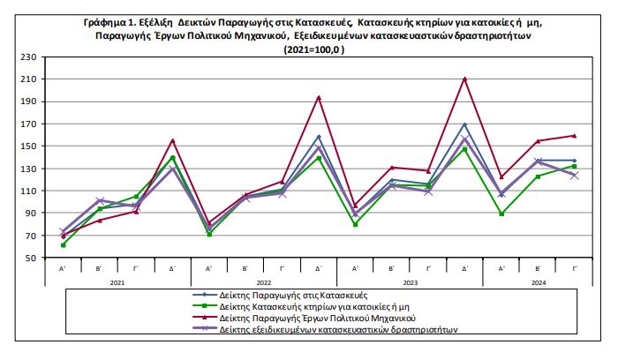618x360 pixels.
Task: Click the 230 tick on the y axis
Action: tap(26, 56)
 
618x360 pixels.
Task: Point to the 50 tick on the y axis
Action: tap(29, 258)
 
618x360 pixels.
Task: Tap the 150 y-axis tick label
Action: tap(26, 146)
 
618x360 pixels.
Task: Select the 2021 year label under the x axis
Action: tap(117, 281)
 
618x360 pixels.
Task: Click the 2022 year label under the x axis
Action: tap(263, 281)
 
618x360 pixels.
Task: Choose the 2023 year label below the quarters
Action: tap(410, 281)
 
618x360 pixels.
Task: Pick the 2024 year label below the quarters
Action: tap(538, 281)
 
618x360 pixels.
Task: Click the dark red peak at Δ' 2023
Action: tap(465, 79)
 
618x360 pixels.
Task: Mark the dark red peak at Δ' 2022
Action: tap(319, 97)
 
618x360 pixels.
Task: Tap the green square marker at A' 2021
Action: tap(63, 244)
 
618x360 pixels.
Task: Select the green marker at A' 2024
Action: tap(501, 214)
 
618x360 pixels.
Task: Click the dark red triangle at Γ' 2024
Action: tap(575, 136)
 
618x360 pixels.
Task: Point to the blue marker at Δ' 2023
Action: tap(465, 124)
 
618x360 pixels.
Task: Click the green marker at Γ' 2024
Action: tap(575, 166)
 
